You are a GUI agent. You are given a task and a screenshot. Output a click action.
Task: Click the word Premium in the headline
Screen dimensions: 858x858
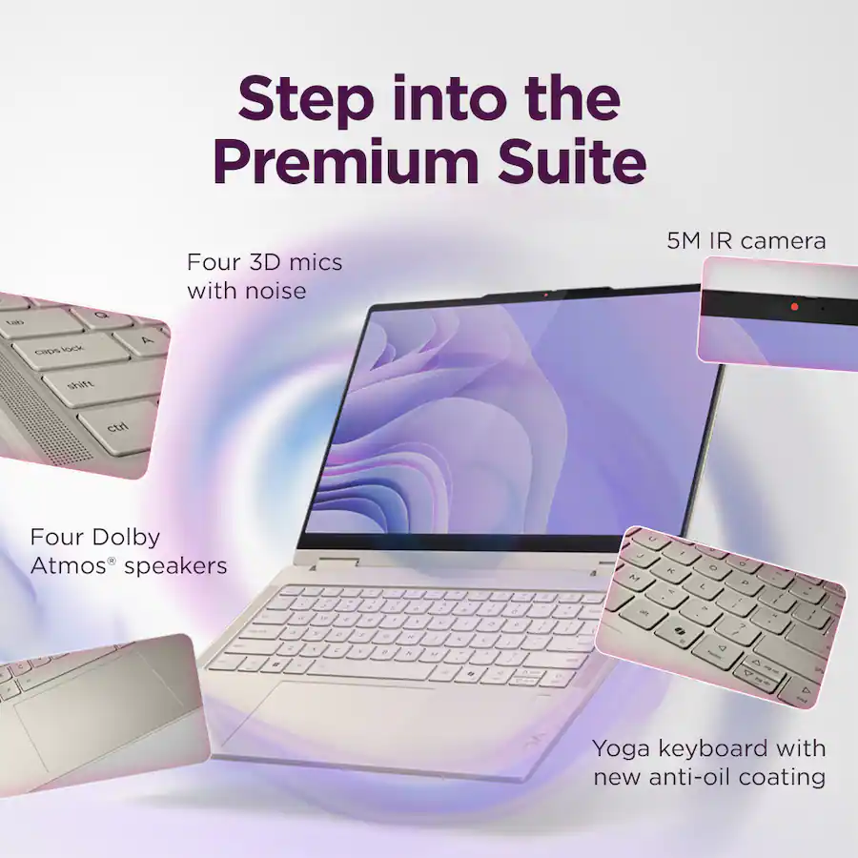(x=347, y=162)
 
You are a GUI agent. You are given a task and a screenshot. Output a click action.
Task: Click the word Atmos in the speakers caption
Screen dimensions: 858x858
(x=69, y=565)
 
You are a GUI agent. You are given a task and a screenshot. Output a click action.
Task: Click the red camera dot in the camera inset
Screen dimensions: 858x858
(x=794, y=307)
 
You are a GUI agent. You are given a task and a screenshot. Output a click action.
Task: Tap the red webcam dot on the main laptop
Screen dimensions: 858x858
(x=545, y=296)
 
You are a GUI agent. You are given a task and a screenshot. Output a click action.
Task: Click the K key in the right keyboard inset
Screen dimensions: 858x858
(x=671, y=573)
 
